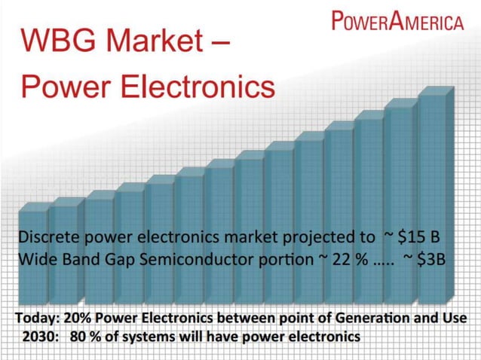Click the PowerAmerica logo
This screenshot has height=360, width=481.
pyautogui.click(x=397, y=20)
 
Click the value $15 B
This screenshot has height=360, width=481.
pyautogui.click(x=424, y=237)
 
